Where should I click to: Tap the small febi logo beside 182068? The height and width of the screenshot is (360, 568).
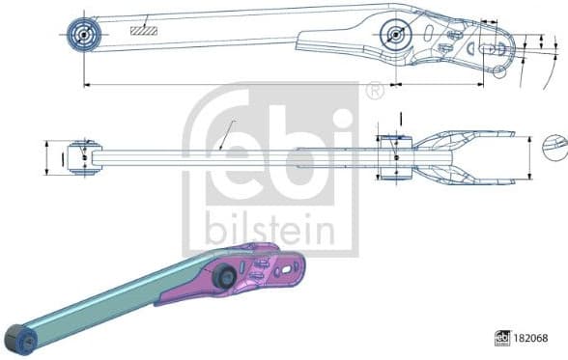point(501,339)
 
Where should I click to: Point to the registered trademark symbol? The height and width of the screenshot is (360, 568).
point(375,91)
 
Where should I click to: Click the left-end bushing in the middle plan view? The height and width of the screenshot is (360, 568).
point(83,157)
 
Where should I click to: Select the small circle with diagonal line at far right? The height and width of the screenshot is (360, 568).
point(554,147)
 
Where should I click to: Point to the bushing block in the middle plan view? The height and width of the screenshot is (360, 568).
point(396,157)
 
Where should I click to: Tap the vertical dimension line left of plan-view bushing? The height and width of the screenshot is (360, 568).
point(46,157)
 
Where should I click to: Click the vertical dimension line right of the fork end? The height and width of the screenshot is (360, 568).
point(528,157)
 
